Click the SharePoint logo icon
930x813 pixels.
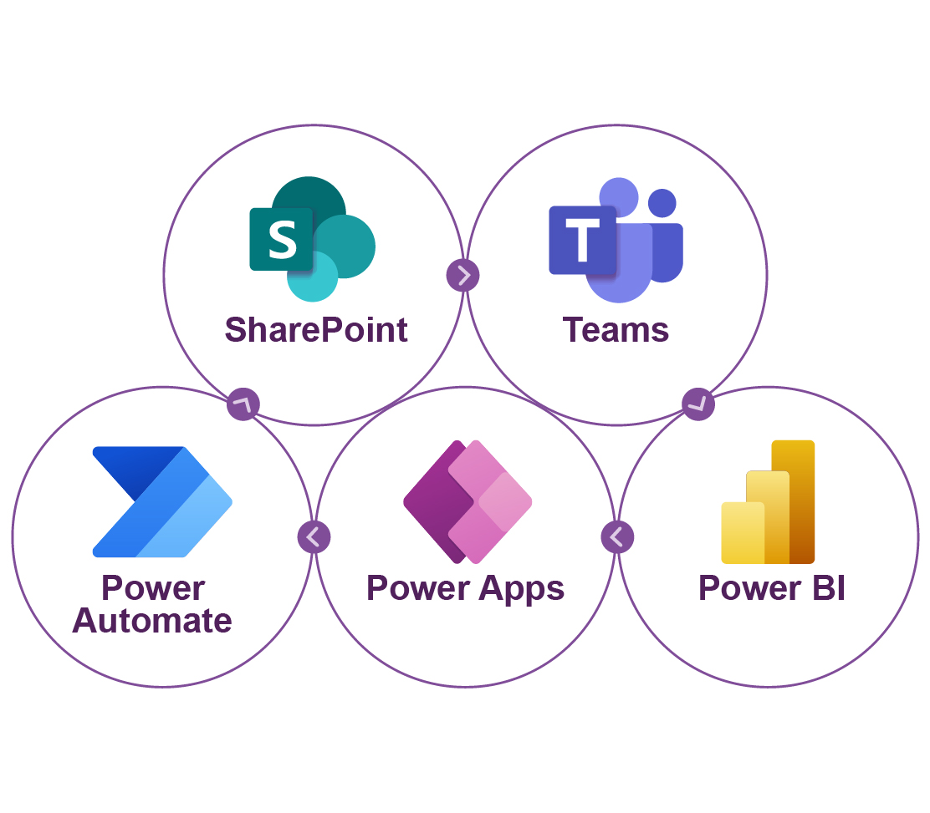click(x=313, y=239)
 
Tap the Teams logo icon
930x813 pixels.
click(x=616, y=240)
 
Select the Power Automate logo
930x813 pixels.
click(x=162, y=502)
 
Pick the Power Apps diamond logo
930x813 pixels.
click(x=468, y=502)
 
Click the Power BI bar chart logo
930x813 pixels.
click(x=768, y=502)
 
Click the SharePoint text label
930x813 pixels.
click(x=316, y=330)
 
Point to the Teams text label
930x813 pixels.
click(x=616, y=330)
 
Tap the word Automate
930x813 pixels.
click(x=152, y=621)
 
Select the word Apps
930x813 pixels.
click(x=521, y=590)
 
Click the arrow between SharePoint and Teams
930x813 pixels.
click(x=462, y=275)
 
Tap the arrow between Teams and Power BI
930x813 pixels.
click(x=698, y=404)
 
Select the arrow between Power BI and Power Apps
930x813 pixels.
click(x=617, y=537)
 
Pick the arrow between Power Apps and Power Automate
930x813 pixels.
click(x=314, y=537)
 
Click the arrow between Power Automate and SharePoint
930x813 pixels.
click(x=243, y=404)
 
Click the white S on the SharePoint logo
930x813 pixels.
click(x=283, y=240)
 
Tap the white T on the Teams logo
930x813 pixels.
click(x=582, y=240)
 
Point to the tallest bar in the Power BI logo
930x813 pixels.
click(x=794, y=502)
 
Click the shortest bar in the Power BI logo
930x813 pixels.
click(x=743, y=533)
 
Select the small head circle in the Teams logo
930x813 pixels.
click(x=662, y=203)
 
